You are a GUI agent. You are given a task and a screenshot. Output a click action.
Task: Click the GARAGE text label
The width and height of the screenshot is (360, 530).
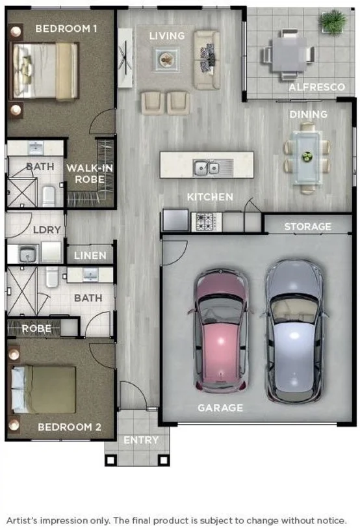coord(221,408)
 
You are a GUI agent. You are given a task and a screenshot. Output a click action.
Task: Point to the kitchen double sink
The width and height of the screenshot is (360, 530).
coord(207,168)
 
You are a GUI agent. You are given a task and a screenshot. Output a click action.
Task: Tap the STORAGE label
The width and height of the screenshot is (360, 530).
coord(307,226)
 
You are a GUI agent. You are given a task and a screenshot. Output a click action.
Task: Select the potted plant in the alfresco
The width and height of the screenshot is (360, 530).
coord(332,23)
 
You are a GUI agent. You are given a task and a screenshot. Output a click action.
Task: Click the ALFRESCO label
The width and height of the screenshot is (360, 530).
coord(309,87)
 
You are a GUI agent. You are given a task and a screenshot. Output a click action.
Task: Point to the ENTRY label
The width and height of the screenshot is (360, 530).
coord(141,440)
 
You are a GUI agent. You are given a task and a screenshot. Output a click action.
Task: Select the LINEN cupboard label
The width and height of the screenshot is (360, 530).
coord(90,256)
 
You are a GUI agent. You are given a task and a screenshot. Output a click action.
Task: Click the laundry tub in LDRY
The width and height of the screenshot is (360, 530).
coord(28,254)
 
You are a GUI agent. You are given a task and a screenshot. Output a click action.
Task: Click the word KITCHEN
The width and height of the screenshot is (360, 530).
coord(210,197)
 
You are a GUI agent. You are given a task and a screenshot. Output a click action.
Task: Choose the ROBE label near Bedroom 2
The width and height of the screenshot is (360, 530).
coord(36,328)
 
